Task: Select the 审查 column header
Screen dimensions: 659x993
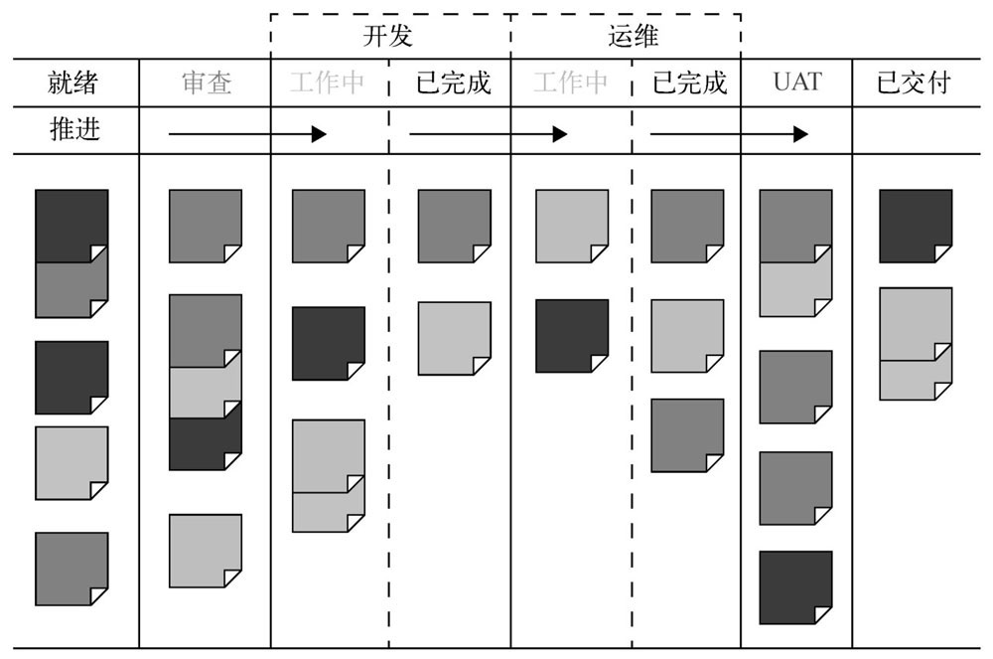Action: coord(207,82)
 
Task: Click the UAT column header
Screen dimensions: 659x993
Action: coord(797,82)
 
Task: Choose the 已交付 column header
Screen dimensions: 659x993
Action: coord(915,82)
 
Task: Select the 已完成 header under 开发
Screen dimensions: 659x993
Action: coord(453,82)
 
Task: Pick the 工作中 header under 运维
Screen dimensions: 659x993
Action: coord(570,82)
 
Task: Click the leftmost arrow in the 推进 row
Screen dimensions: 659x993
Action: coord(247,133)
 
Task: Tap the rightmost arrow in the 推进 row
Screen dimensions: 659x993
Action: coord(729,133)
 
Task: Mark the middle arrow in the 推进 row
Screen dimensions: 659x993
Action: coord(488,133)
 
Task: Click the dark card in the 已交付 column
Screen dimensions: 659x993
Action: coord(915,226)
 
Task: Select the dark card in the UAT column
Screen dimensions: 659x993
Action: coord(795,586)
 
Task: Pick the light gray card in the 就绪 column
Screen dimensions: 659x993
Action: coord(71,462)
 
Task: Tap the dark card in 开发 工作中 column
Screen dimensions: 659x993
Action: coord(328,343)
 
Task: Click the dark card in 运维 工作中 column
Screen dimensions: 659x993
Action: coord(571,335)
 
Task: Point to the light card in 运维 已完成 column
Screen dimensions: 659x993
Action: coord(686,335)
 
